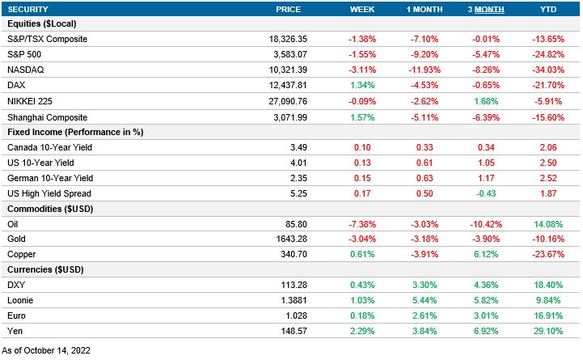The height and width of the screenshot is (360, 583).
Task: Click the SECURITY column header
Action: pyautogui.click(x=28, y=9)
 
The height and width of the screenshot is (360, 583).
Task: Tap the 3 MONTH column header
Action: pyautogui.click(x=486, y=9)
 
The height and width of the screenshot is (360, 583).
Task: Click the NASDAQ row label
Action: pyautogui.click(x=24, y=70)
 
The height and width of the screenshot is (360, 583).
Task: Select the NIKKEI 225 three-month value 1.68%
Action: pyautogui.click(x=486, y=101)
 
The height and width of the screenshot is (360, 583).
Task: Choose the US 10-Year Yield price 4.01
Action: pyautogui.click(x=289, y=163)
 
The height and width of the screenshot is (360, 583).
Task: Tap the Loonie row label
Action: pyautogui.click(x=21, y=301)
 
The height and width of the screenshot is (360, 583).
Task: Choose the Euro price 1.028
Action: pyautogui.click(x=287, y=316)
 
